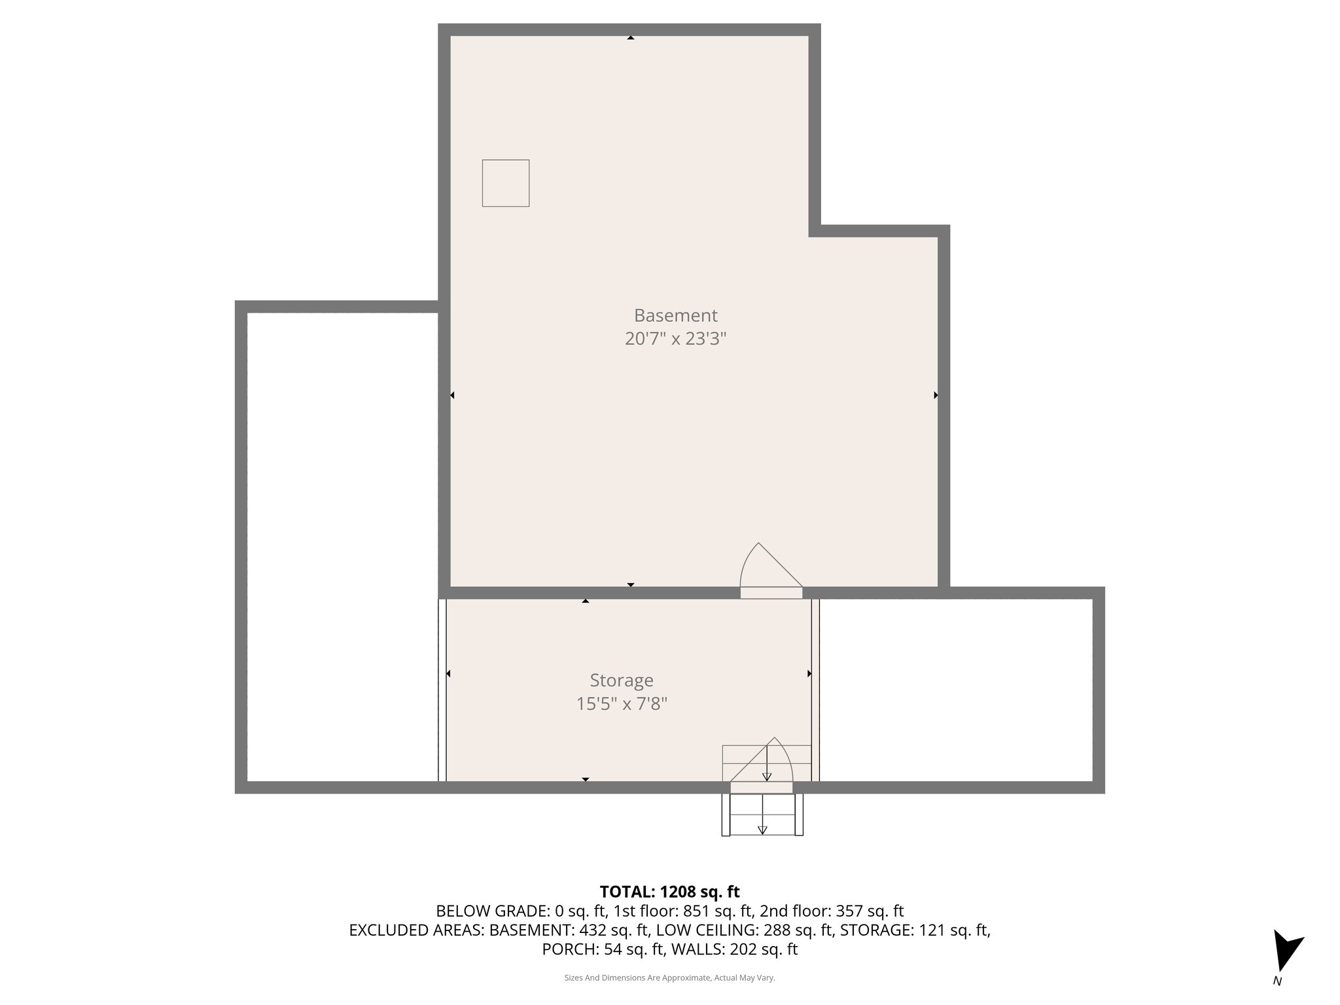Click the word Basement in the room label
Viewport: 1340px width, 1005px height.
(675, 315)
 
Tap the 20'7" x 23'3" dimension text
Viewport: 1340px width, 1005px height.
(675, 339)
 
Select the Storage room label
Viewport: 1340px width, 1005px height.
(622, 680)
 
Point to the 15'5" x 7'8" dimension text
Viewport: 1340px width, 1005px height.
(622, 704)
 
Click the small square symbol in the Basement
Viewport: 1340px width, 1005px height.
(506, 183)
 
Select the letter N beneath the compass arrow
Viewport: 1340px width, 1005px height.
(1277, 981)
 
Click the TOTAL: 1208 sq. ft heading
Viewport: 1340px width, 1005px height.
(669, 892)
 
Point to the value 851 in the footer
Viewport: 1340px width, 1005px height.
(696, 911)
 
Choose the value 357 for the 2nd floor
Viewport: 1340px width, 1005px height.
(849, 911)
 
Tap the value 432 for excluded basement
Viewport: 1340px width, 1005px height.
(593, 930)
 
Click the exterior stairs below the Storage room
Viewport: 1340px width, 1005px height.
(762, 815)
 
